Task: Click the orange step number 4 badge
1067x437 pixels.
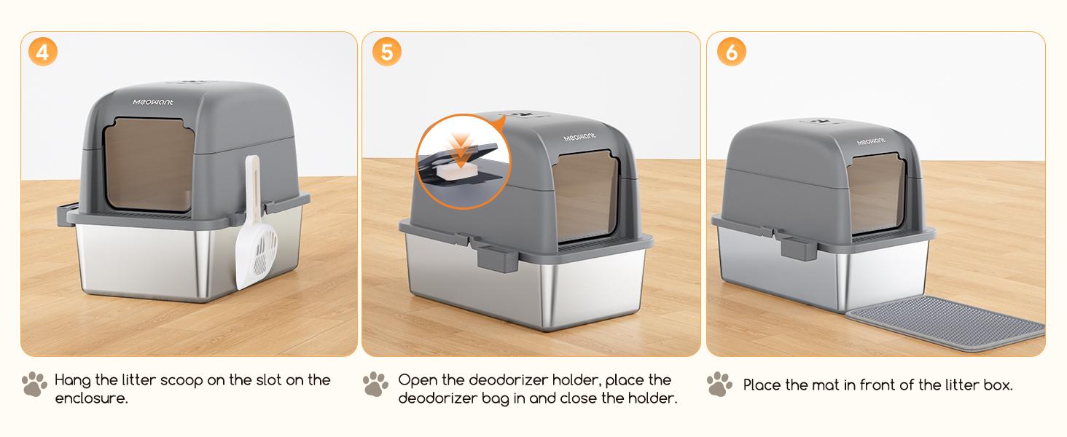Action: click(42, 52)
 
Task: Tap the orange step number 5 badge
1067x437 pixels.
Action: click(386, 52)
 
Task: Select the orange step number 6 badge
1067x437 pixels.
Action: click(731, 52)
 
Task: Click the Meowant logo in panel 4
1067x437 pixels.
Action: click(152, 102)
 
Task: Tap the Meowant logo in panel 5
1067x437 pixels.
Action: click(582, 138)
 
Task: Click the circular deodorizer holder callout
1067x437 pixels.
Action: click(464, 162)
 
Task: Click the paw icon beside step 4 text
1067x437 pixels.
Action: click(34, 384)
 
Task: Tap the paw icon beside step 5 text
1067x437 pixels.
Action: click(375, 384)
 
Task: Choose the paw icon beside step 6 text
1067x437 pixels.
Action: click(719, 384)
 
